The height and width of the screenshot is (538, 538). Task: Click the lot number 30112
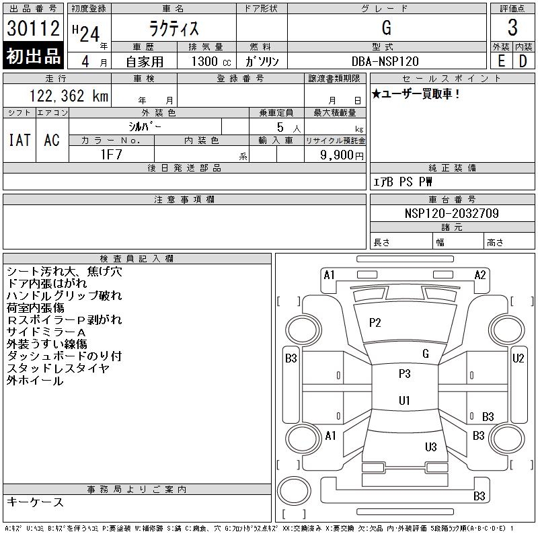pyautogui.click(x=33, y=28)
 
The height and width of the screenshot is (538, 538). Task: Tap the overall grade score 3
pyautogui.click(x=512, y=28)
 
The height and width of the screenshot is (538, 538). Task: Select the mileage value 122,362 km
pyautogui.click(x=69, y=95)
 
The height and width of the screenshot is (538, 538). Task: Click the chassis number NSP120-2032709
pyautogui.click(x=451, y=213)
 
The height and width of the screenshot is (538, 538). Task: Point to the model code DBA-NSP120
pyautogui.click(x=385, y=61)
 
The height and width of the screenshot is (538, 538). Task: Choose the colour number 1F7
pyautogui.click(x=111, y=155)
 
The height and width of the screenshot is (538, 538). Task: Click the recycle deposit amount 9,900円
pyautogui.click(x=342, y=155)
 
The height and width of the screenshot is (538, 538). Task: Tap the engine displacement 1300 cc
pyautogui.click(x=211, y=61)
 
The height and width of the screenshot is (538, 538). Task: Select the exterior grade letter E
pyautogui.click(x=501, y=61)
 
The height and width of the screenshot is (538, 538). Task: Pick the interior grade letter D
pyautogui.click(x=523, y=61)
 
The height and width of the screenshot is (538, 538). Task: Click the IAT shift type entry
pyautogui.click(x=20, y=140)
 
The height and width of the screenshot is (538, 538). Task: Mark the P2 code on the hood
pyautogui.click(x=375, y=323)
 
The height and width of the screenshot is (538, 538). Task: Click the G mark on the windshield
pyautogui.click(x=426, y=354)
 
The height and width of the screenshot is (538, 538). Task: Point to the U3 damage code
pyautogui.click(x=431, y=447)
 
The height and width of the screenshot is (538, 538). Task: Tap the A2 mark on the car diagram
pyautogui.click(x=480, y=275)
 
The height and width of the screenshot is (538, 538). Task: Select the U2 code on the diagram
pyautogui.click(x=518, y=358)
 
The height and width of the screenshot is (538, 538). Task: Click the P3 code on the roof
pyautogui.click(x=405, y=373)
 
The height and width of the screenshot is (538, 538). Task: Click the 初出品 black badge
pyautogui.click(x=33, y=56)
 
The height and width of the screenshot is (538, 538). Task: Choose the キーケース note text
pyautogui.click(x=35, y=502)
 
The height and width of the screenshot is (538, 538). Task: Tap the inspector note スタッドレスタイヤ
pyautogui.click(x=58, y=368)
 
